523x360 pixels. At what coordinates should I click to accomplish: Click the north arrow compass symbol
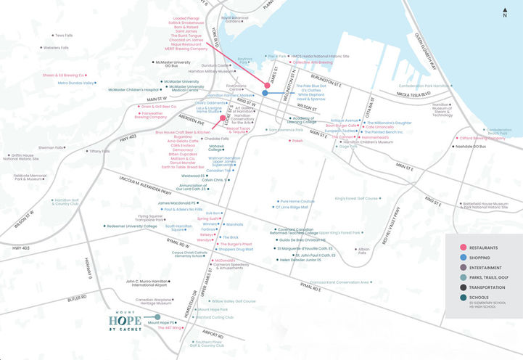[x=504, y=11]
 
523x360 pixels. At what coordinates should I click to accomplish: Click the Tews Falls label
[x=63, y=35]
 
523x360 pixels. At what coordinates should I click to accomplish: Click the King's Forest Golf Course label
[x=357, y=197]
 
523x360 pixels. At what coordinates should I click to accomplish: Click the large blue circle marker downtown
[x=265, y=93]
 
